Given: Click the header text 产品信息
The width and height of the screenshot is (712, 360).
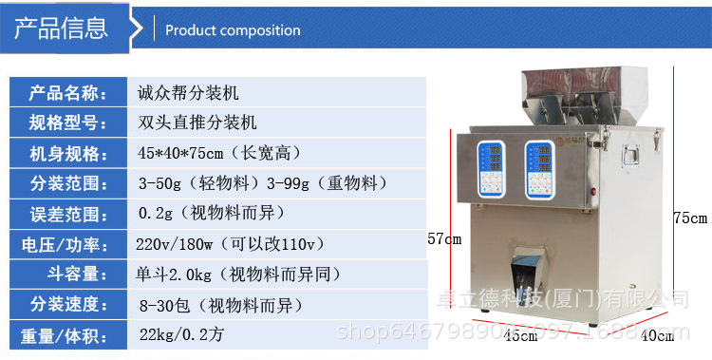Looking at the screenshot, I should click(x=61, y=28).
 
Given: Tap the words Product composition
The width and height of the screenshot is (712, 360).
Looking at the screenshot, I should click(x=233, y=30).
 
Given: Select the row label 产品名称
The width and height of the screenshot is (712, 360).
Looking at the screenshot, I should click(x=65, y=93).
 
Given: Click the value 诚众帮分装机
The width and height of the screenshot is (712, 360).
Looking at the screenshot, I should click(x=188, y=93).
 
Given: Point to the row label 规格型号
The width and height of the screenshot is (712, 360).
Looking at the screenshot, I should click(x=65, y=123).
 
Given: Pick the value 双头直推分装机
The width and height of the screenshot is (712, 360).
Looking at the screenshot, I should click(x=197, y=123).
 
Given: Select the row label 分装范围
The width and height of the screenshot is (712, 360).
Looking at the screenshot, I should click(x=65, y=183).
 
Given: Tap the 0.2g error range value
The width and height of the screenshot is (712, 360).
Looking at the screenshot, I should click(x=211, y=213).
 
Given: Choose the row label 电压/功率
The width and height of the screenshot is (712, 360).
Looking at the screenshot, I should click(x=65, y=243).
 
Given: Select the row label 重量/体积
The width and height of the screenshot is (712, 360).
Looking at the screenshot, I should click(x=65, y=335).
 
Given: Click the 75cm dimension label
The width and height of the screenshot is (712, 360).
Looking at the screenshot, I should click(x=690, y=218).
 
